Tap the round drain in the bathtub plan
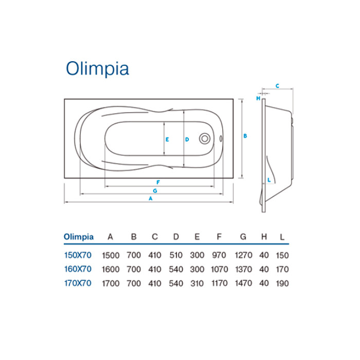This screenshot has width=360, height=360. tap(205, 139)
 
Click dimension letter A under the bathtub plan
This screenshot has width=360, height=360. tap(150, 198)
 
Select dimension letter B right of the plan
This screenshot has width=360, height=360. tap(245, 136)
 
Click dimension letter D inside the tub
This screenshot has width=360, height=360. tap(187, 139)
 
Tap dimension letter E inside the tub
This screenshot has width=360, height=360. tap(167, 139)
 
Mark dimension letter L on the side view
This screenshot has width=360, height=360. tap(269, 179)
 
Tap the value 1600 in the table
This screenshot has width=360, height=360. tap(111, 269)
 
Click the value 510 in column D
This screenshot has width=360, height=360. tap(176, 255)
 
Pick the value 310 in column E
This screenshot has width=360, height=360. tap(197, 283)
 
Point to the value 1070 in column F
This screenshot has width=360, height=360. tap(219, 269)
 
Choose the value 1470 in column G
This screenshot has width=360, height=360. tap(243, 283)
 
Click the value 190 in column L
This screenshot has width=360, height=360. tap(282, 283)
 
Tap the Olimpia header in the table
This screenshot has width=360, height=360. tap(79, 237)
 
